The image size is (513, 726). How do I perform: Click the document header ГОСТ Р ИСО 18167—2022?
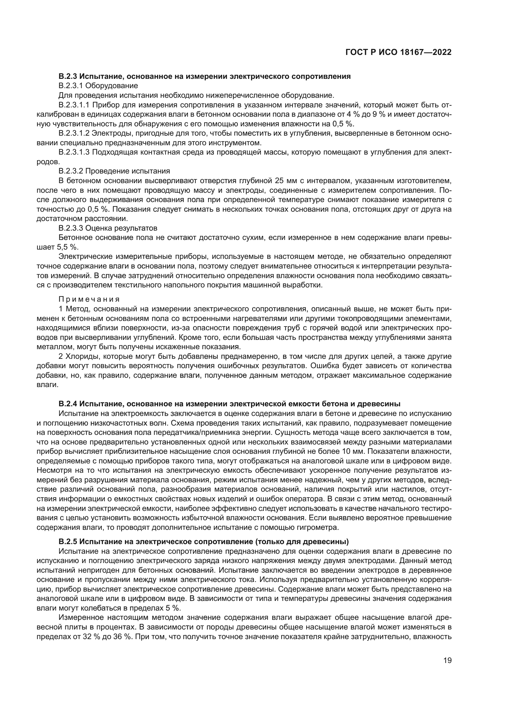coord(398,52)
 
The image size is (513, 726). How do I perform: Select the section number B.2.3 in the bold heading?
coord(67,76)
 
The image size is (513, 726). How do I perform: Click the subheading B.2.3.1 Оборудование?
coord(98,86)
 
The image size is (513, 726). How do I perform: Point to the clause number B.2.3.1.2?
coord(74,133)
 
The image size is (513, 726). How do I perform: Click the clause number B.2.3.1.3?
coord(74,152)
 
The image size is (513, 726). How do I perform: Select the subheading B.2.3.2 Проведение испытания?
coord(114,171)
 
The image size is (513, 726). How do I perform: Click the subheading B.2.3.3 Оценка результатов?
coord(108,228)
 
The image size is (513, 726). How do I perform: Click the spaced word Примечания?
coord(89,299)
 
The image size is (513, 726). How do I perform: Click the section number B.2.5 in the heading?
coord(67,542)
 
